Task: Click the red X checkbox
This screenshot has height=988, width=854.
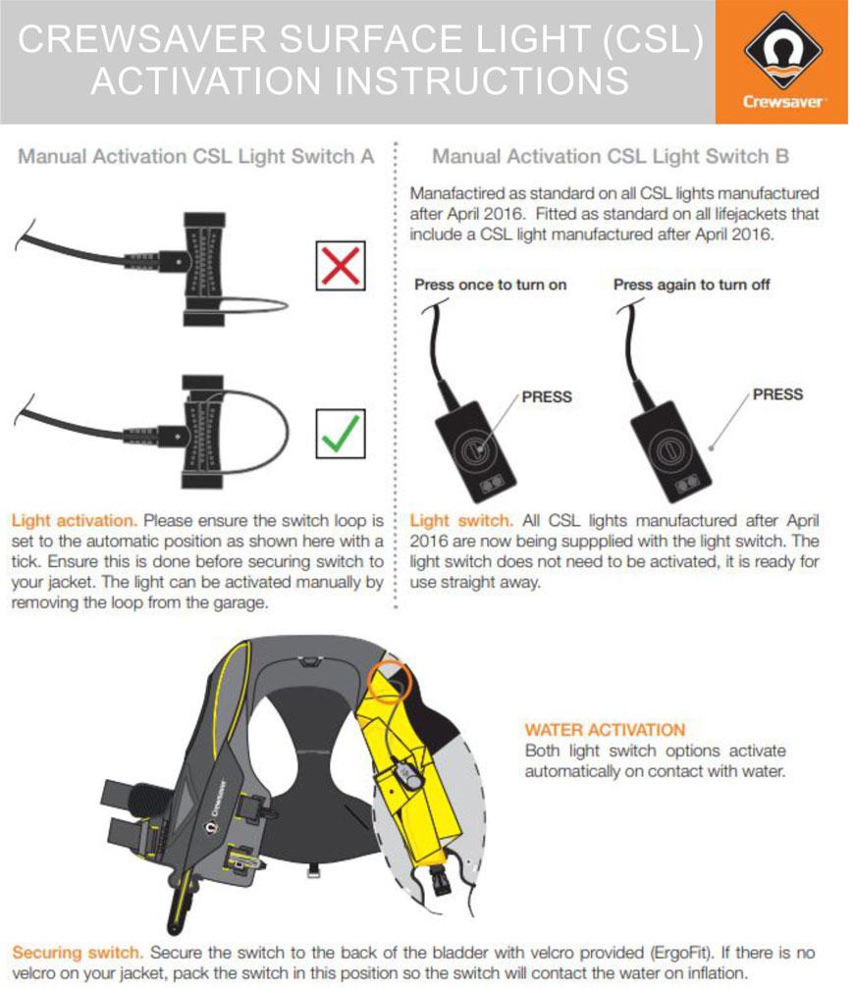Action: [341, 265]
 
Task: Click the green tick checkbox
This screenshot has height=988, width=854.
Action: [341, 434]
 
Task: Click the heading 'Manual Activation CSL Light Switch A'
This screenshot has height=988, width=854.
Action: [196, 157]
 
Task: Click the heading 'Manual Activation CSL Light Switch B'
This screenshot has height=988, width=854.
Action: [611, 157]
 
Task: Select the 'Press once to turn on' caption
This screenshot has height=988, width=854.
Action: [490, 286]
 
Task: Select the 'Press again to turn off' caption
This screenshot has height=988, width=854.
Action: [691, 286]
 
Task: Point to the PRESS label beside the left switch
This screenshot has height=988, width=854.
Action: [547, 397]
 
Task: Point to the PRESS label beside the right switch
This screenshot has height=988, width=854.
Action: [777, 394]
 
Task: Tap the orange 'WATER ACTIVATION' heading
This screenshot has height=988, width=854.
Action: [605, 730]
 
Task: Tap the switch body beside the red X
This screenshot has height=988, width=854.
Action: [207, 264]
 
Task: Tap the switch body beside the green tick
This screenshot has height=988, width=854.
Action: [207, 433]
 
